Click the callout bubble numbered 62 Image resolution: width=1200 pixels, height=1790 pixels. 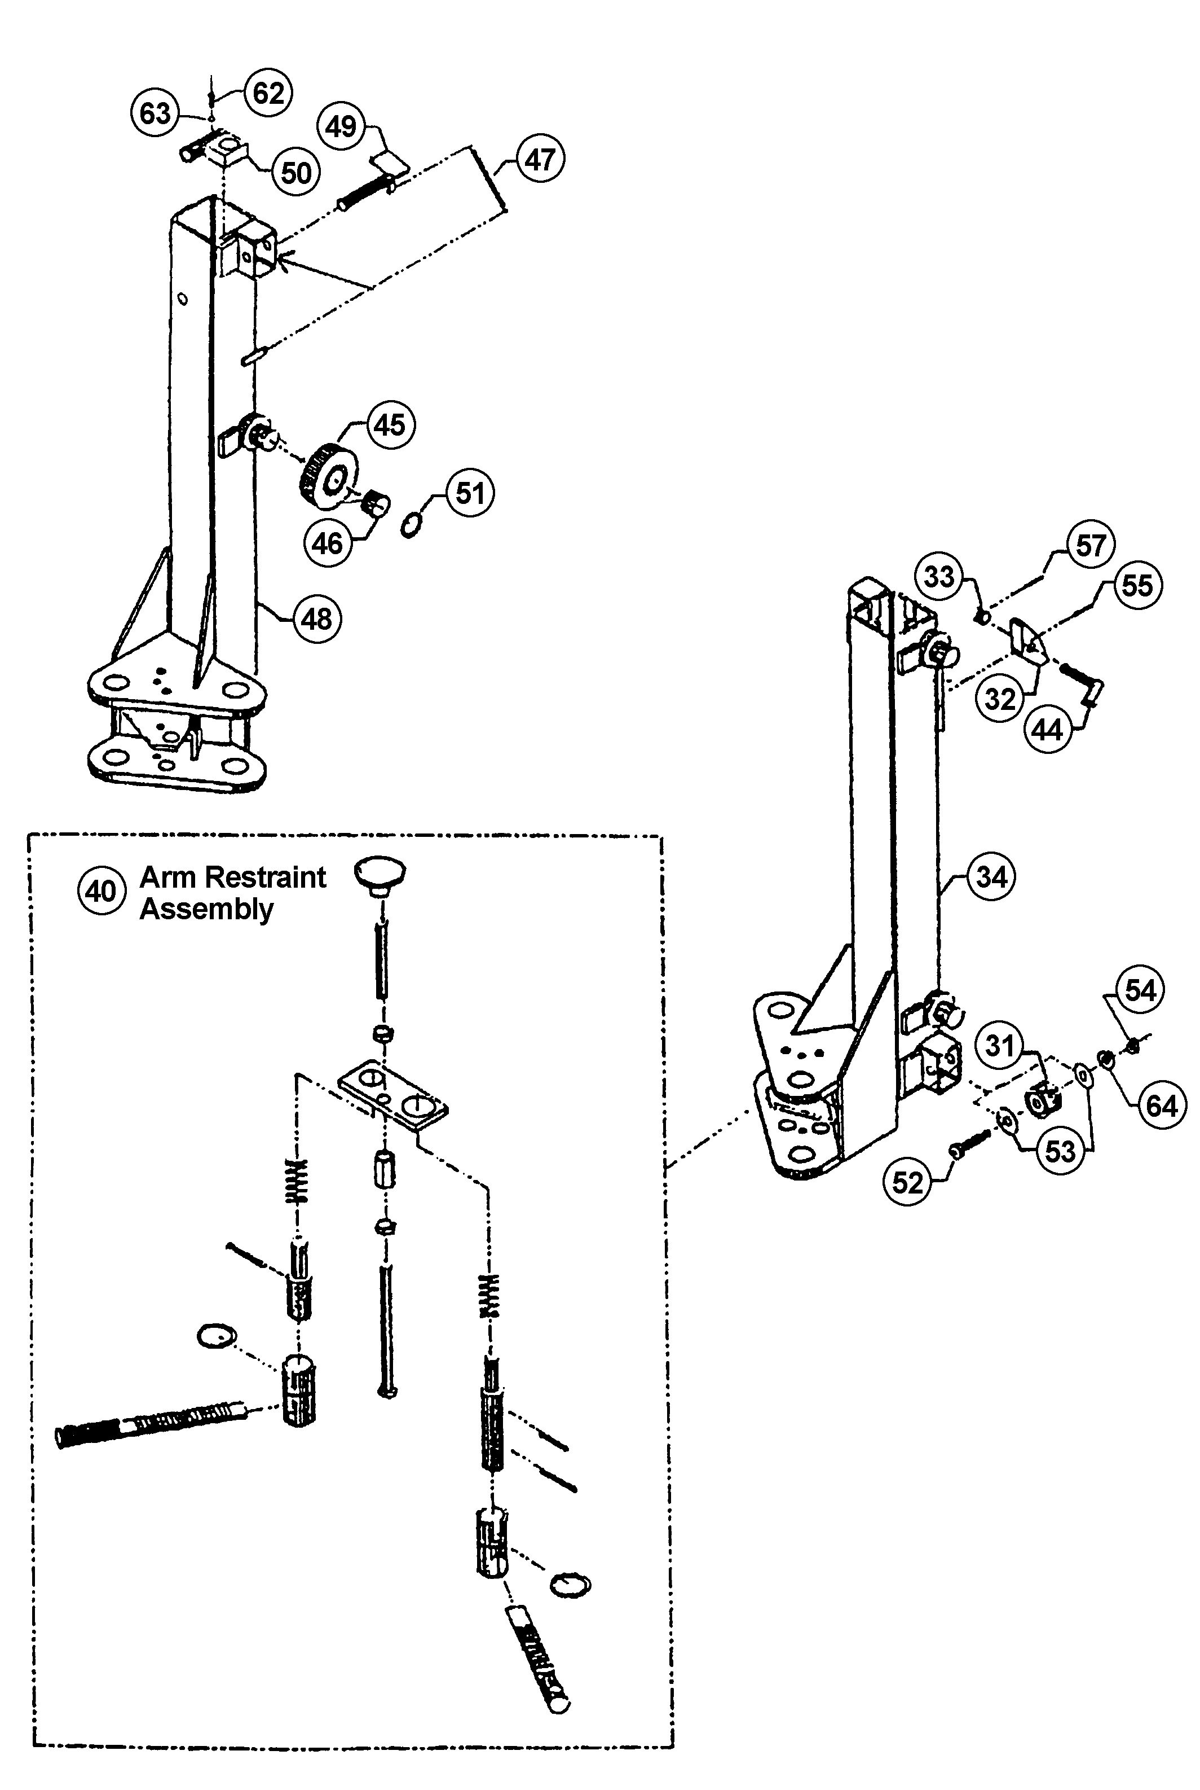(x=268, y=94)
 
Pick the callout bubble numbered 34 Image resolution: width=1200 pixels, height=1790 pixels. (x=992, y=876)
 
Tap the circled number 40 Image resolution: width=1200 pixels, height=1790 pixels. (x=101, y=891)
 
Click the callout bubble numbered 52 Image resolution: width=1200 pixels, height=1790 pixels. (x=908, y=1182)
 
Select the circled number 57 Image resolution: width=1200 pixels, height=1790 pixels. (x=1091, y=545)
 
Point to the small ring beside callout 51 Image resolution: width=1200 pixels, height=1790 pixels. (x=412, y=525)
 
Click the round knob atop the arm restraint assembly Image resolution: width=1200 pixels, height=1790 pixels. (x=380, y=874)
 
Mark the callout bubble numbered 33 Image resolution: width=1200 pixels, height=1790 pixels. (x=939, y=576)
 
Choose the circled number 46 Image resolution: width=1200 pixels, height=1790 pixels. (x=328, y=543)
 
